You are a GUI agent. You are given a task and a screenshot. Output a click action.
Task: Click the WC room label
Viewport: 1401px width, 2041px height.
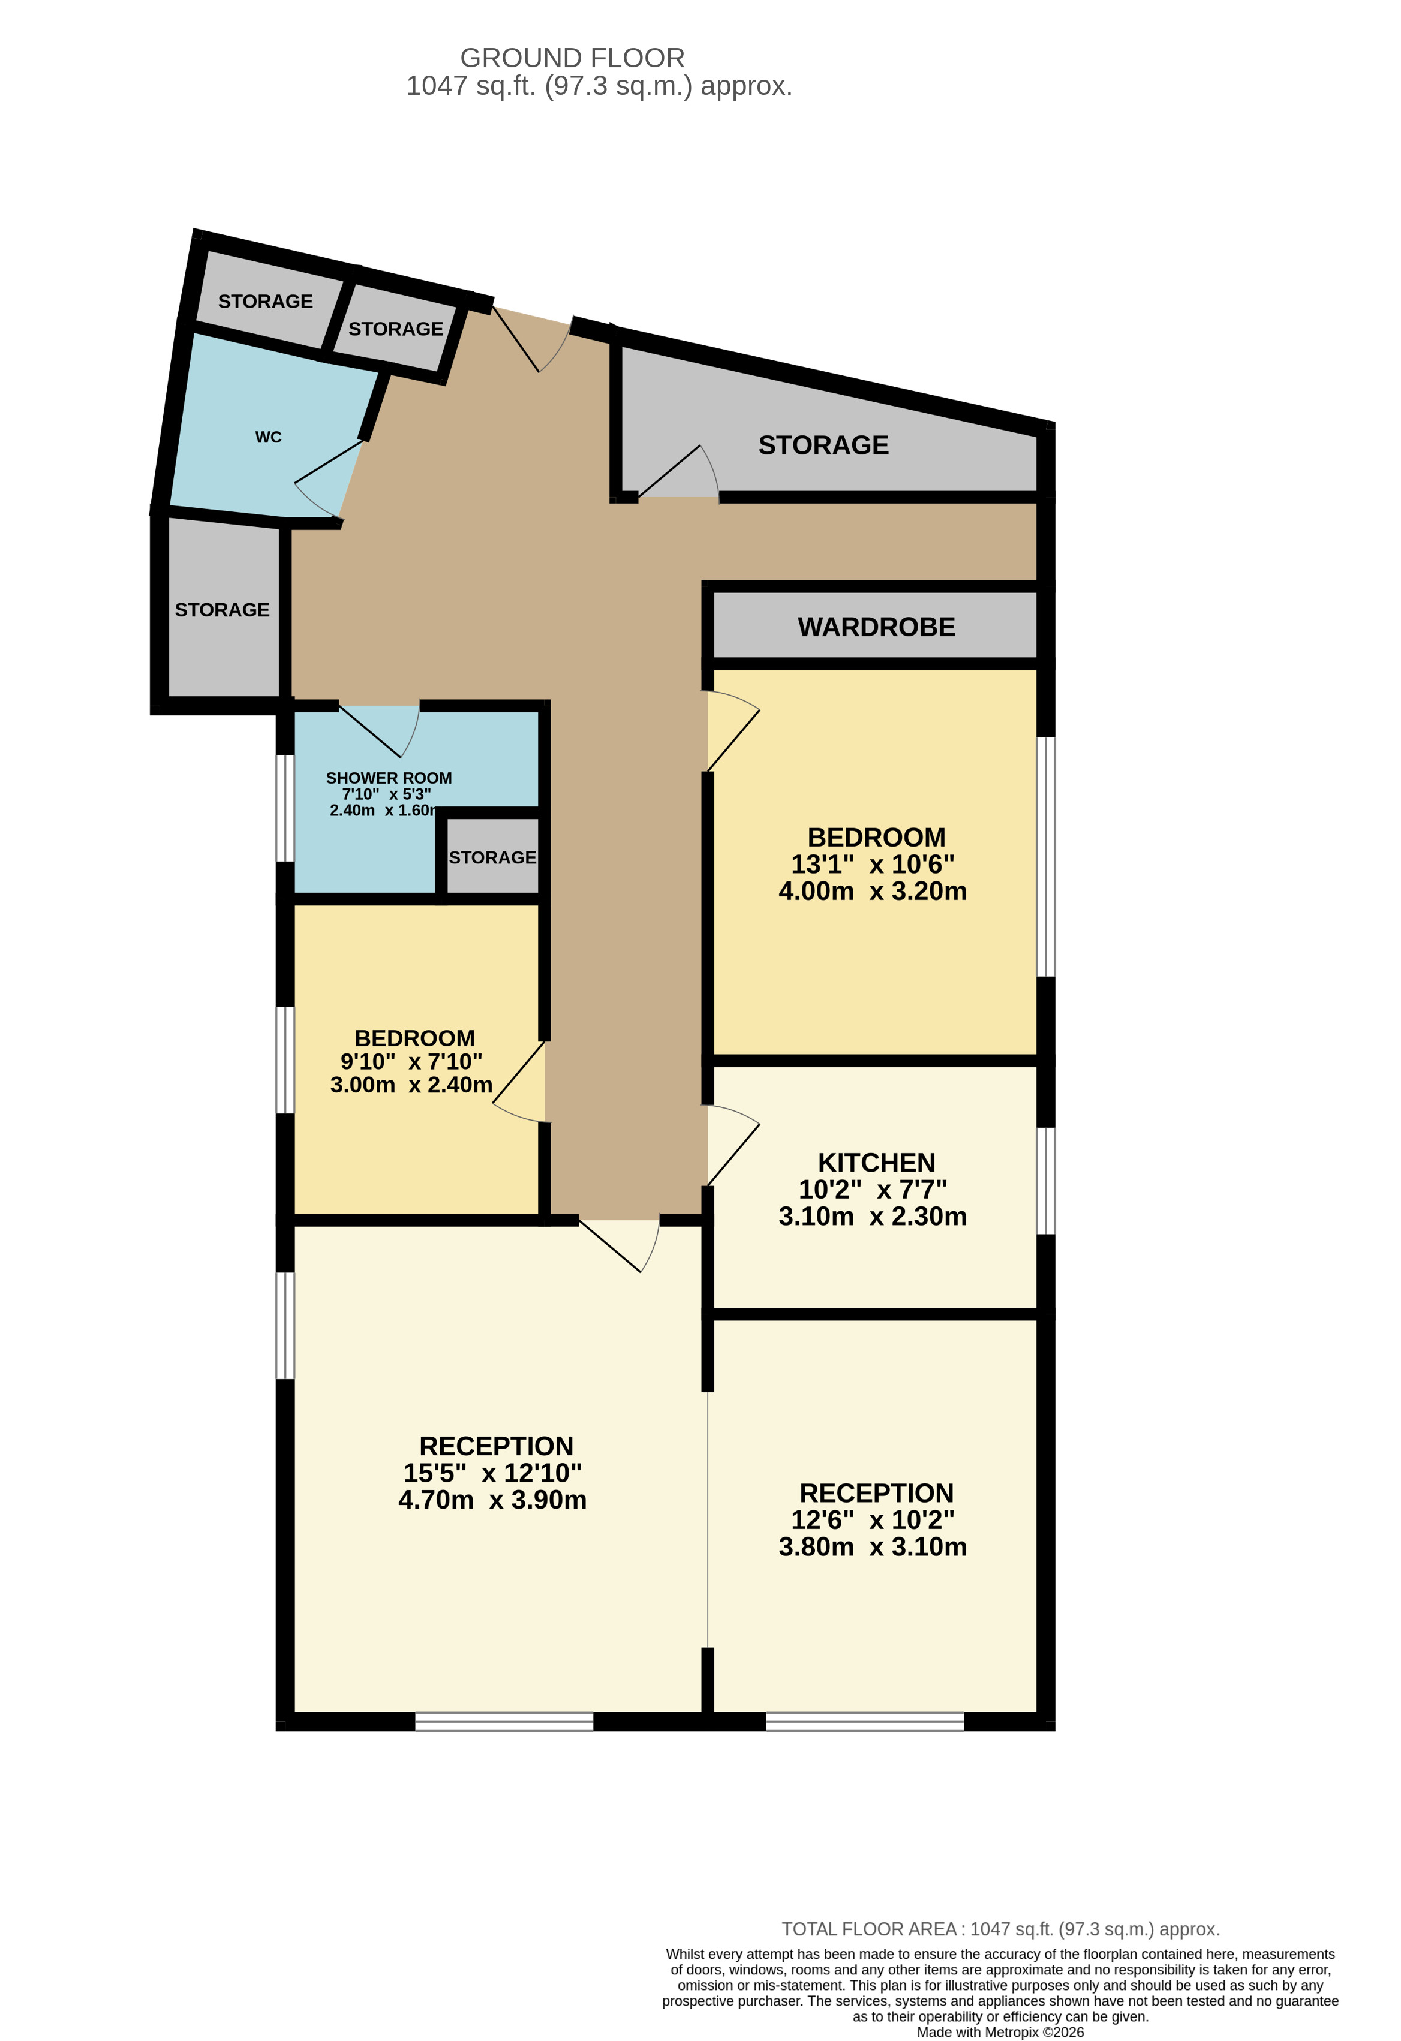tap(268, 437)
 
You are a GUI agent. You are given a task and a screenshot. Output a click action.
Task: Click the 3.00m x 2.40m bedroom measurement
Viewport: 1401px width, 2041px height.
tap(411, 1085)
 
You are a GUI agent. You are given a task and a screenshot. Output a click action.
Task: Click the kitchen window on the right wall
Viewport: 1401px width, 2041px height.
tap(1045, 1181)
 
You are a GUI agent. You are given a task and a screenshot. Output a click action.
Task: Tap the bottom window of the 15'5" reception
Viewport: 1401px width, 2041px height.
tap(504, 1721)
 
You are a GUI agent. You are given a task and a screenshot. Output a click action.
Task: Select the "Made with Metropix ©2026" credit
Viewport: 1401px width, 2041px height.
tap(1000, 2032)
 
